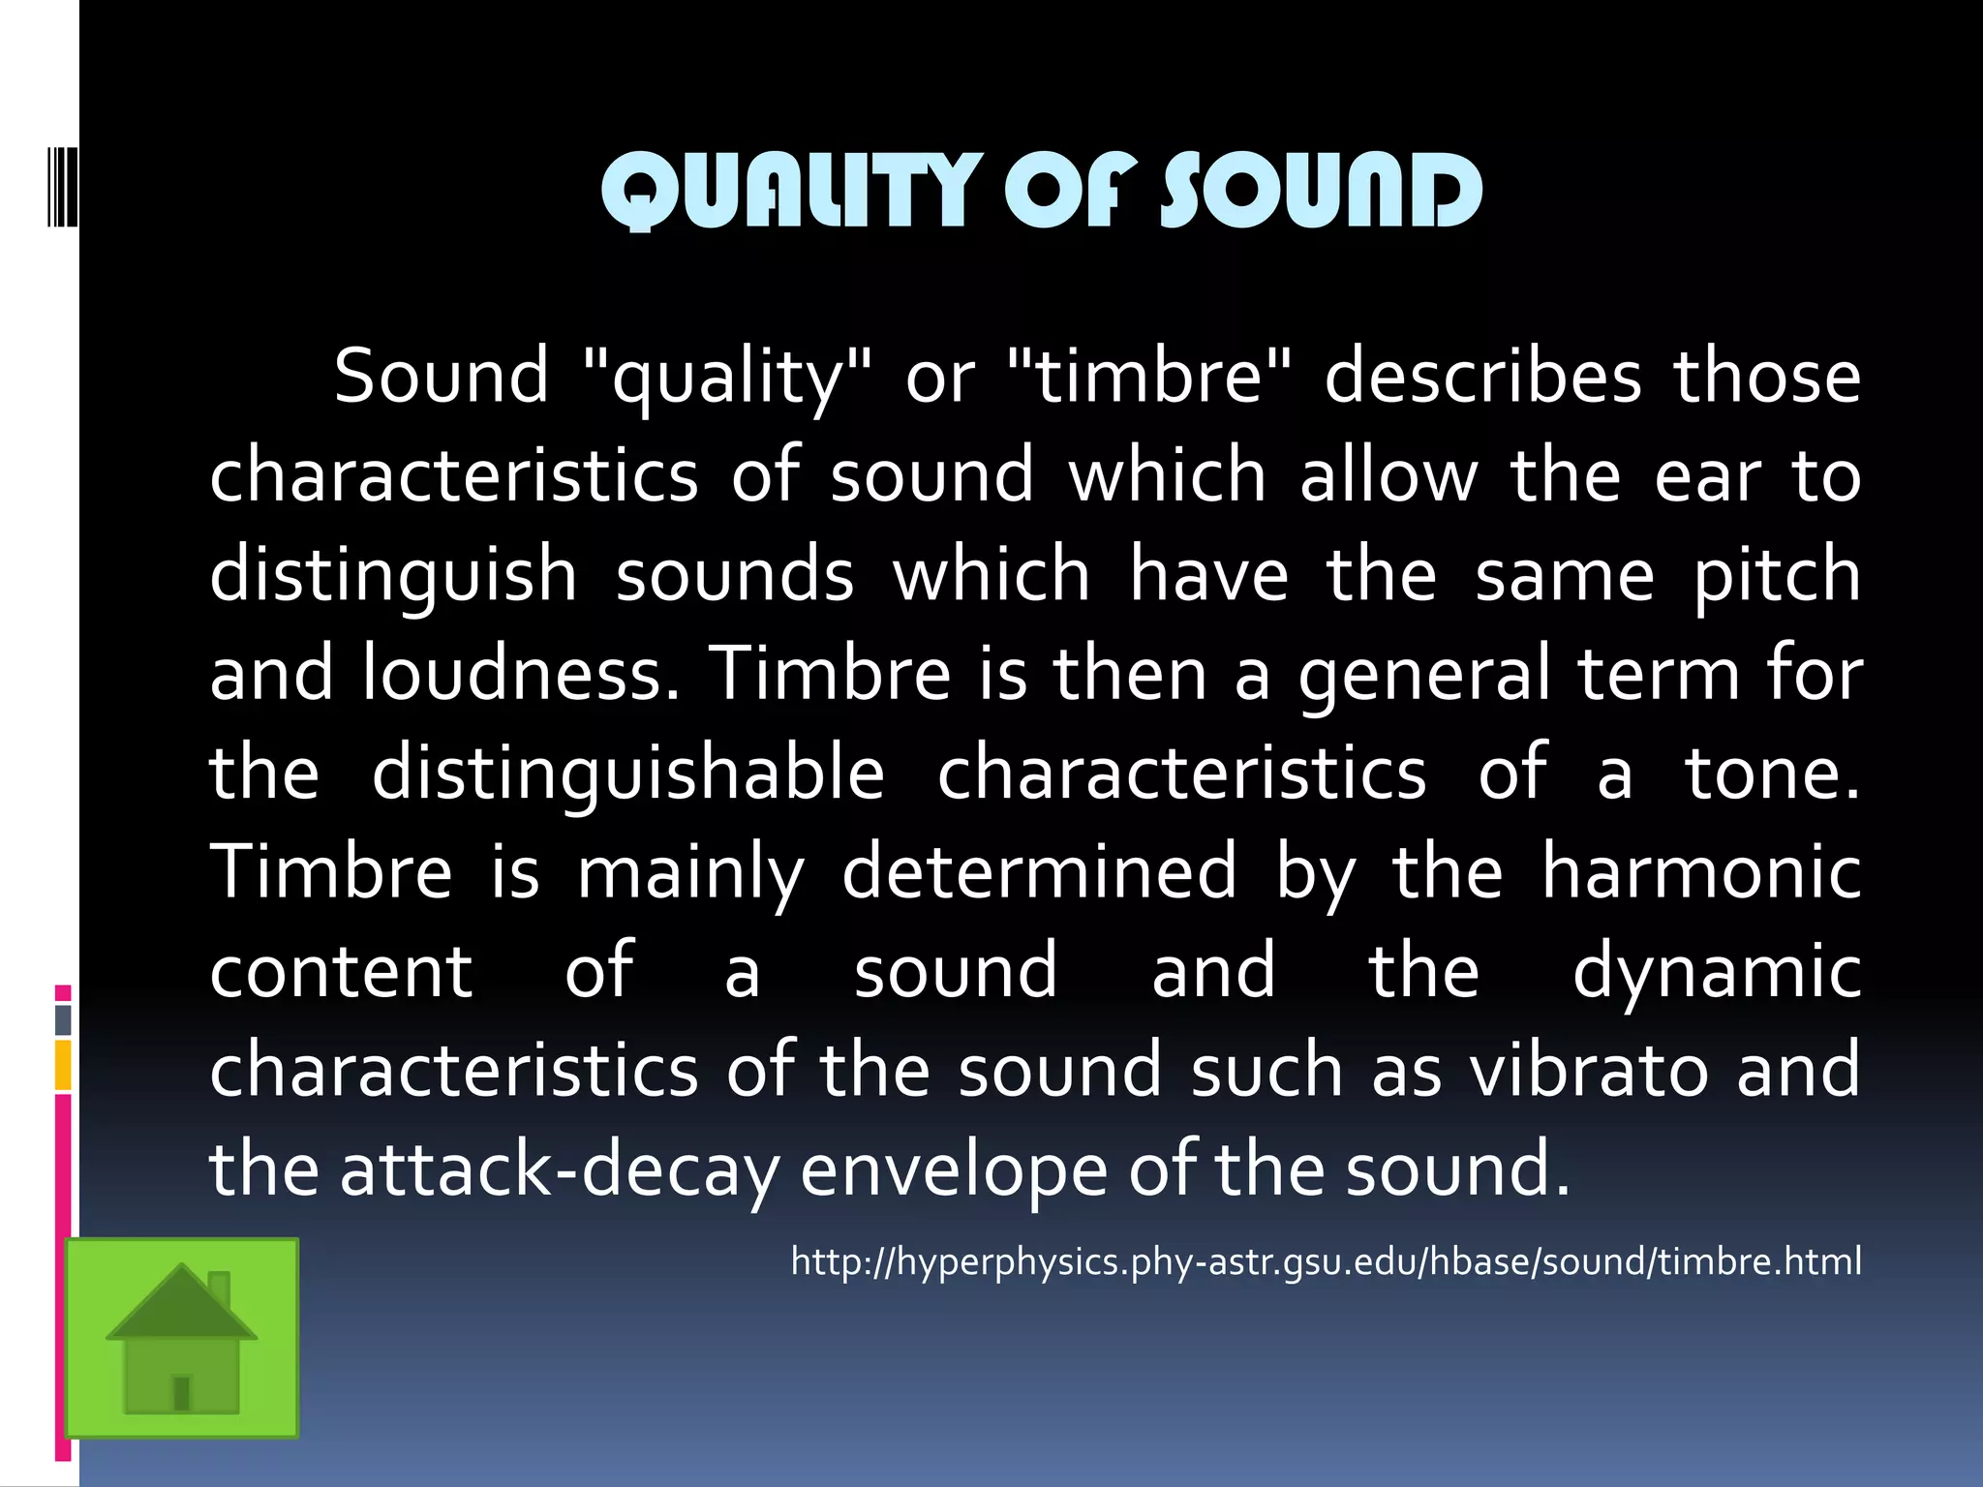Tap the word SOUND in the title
(1322, 191)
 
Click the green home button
(182, 1338)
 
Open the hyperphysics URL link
(1326, 1261)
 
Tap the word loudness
(522, 673)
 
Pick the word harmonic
(1701, 871)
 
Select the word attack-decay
(560, 1169)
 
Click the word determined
(1039, 871)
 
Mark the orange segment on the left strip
(63, 1065)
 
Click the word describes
(1482, 376)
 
